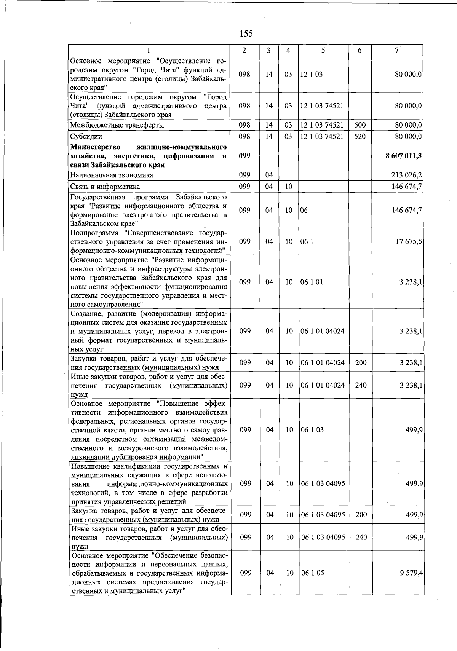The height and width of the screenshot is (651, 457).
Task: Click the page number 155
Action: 246,34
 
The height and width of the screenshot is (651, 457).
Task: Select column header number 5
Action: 323,50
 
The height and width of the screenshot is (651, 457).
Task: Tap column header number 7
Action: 397,50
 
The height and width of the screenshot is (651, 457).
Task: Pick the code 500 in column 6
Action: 360,125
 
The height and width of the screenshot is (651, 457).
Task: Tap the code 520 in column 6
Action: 360,136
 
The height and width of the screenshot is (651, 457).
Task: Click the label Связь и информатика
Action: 105,187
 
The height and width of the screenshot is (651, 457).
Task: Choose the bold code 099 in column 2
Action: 244,156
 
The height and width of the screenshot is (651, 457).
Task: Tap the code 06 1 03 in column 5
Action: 312,430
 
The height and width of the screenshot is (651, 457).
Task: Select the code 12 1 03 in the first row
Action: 311,74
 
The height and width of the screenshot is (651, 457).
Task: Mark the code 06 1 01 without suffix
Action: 312,282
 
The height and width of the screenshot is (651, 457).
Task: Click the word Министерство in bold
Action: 95,147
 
